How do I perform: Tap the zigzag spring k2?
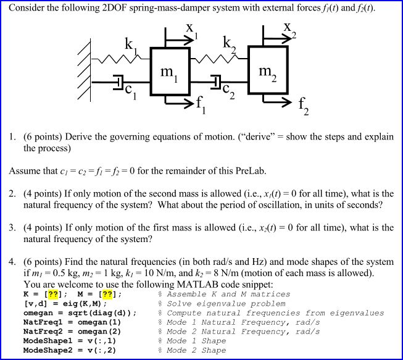[x=219, y=59]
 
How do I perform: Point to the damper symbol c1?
[x=118, y=83]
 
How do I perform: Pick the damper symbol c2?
[x=216, y=82]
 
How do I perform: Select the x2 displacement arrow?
[x=277, y=38]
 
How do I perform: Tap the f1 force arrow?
[x=179, y=103]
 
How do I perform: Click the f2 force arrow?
[x=277, y=102]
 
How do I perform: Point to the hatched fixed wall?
[x=85, y=70]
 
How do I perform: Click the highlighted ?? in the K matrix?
[x=53, y=294]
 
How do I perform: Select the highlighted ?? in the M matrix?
[x=107, y=294]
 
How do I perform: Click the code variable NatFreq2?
[x=43, y=332]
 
